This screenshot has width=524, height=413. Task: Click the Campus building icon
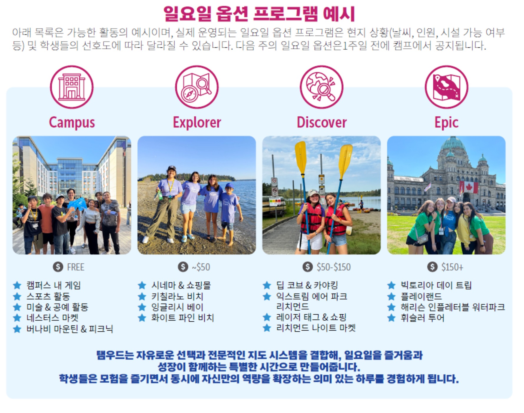click(x=72, y=87)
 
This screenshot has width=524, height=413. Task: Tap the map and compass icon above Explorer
click(x=197, y=87)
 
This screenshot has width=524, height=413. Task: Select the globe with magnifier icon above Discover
click(x=321, y=87)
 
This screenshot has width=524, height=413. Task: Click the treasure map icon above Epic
click(x=446, y=87)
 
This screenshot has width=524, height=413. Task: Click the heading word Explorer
click(x=197, y=122)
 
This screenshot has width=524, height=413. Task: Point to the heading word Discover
click(x=321, y=122)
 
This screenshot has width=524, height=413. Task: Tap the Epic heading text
click(x=446, y=122)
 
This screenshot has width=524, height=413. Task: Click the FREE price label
click(x=76, y=267)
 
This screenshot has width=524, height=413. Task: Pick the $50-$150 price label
click(x=334, y=267)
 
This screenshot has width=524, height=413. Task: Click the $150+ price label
click(x=452, y=267)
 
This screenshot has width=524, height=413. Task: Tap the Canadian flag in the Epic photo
click(x=469, y=187)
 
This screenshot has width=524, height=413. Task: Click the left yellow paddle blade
click(x=301, y=158)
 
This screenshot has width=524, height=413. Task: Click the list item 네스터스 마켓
click(x=52, y=318)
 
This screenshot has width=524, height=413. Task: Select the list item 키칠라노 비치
click(x=177, y=296)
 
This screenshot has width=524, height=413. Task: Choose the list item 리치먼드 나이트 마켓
click(x=316, y=328)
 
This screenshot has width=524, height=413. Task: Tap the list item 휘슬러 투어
click(x=422, y=318)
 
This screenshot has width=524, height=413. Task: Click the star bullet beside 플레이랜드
click(x=391, y=296)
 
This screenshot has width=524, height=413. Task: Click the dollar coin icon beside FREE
click(x=58, y=267)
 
